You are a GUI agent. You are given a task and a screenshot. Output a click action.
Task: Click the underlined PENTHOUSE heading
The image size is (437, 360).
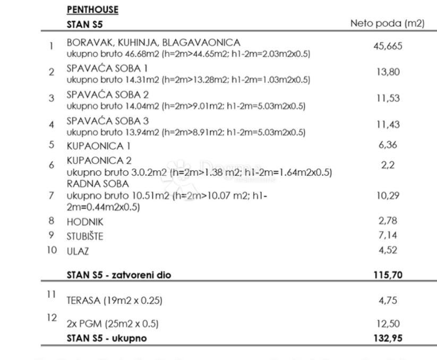click(92, 10)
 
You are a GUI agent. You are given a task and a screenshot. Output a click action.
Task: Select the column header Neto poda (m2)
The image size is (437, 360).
click(387, 23)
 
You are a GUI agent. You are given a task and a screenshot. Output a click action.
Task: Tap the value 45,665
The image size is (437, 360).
click(388, 46)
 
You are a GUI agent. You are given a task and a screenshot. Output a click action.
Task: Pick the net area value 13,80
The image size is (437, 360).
click(388, 72)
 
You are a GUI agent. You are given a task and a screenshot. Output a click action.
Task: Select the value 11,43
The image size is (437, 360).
click(388, 124)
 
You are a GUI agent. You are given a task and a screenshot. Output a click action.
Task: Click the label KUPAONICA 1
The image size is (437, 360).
click(98, 145)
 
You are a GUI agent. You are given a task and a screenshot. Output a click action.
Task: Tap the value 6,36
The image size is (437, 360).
click(388, 144)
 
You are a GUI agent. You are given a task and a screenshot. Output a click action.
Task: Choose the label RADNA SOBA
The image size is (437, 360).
click(98, 184)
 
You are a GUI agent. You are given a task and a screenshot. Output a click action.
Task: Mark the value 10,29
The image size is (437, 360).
click(388, 195)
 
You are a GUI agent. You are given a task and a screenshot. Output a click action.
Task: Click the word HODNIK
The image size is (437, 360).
click(85, 222)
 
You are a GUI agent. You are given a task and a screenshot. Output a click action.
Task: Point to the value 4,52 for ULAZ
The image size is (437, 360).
click(388, 250)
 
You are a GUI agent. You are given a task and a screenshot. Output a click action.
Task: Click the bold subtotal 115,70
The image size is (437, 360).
click(388, 275)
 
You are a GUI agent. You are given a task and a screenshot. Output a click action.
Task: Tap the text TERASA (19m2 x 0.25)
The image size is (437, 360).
click(114, 301)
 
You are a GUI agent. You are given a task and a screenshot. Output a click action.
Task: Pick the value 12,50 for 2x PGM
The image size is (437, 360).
click(388, 323)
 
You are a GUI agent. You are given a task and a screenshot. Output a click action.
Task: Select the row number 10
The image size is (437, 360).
click(51, 250)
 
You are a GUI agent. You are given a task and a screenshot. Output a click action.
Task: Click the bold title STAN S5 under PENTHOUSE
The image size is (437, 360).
click(85, 24)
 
